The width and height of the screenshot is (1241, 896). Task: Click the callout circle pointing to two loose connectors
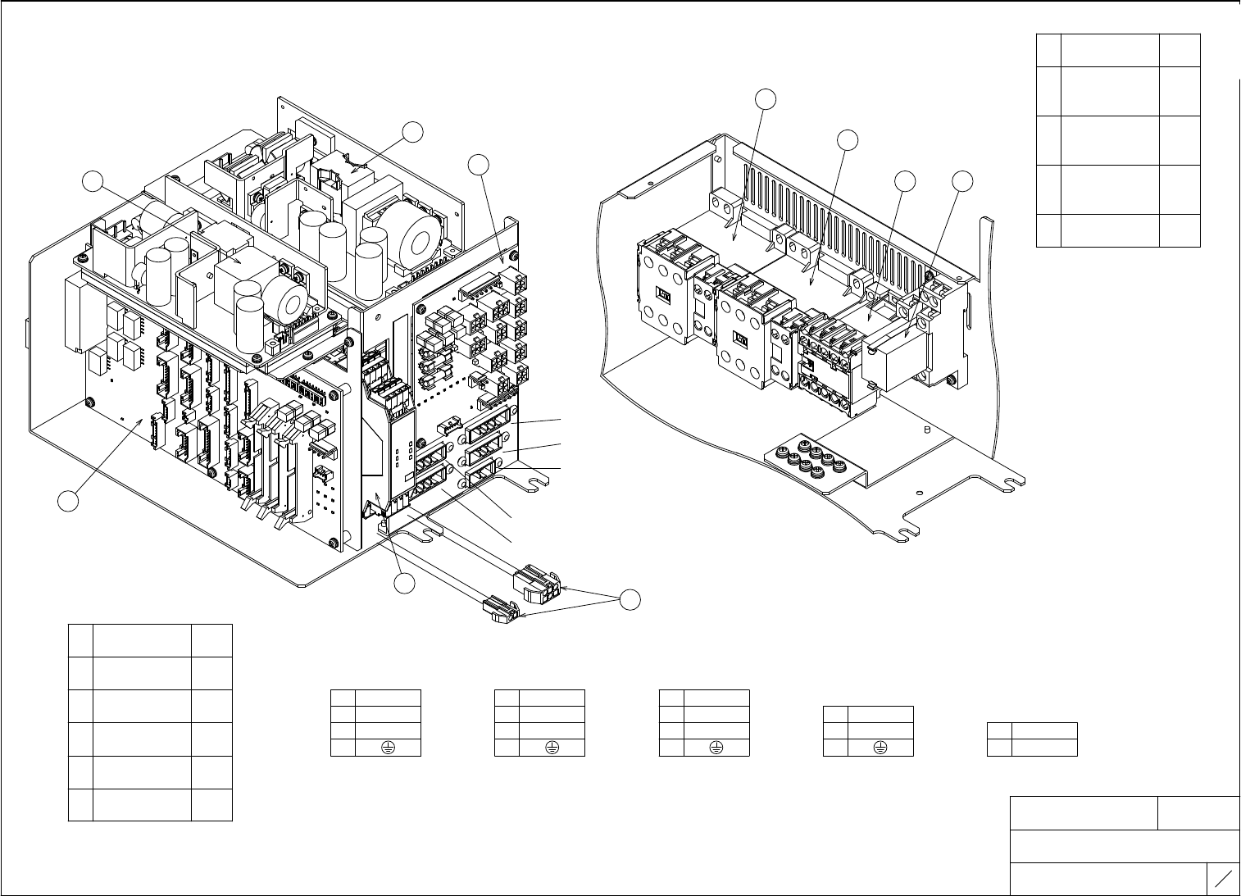(x=630, y=599)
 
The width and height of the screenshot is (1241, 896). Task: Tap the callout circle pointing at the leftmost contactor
(x=765, y=97)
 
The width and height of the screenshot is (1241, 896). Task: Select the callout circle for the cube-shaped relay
(x=964, y=181)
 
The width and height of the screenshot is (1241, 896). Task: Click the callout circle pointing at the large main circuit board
(x=70, y=501)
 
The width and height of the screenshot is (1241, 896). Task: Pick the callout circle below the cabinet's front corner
(x=402, y=584)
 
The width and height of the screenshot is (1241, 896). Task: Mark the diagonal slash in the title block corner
(x=1223, y=880)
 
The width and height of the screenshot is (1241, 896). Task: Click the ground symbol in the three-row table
(x=880, y=747)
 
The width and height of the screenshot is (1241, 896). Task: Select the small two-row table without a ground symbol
(x=1032, y=739)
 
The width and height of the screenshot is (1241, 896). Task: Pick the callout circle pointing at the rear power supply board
(x=414, y=132)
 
